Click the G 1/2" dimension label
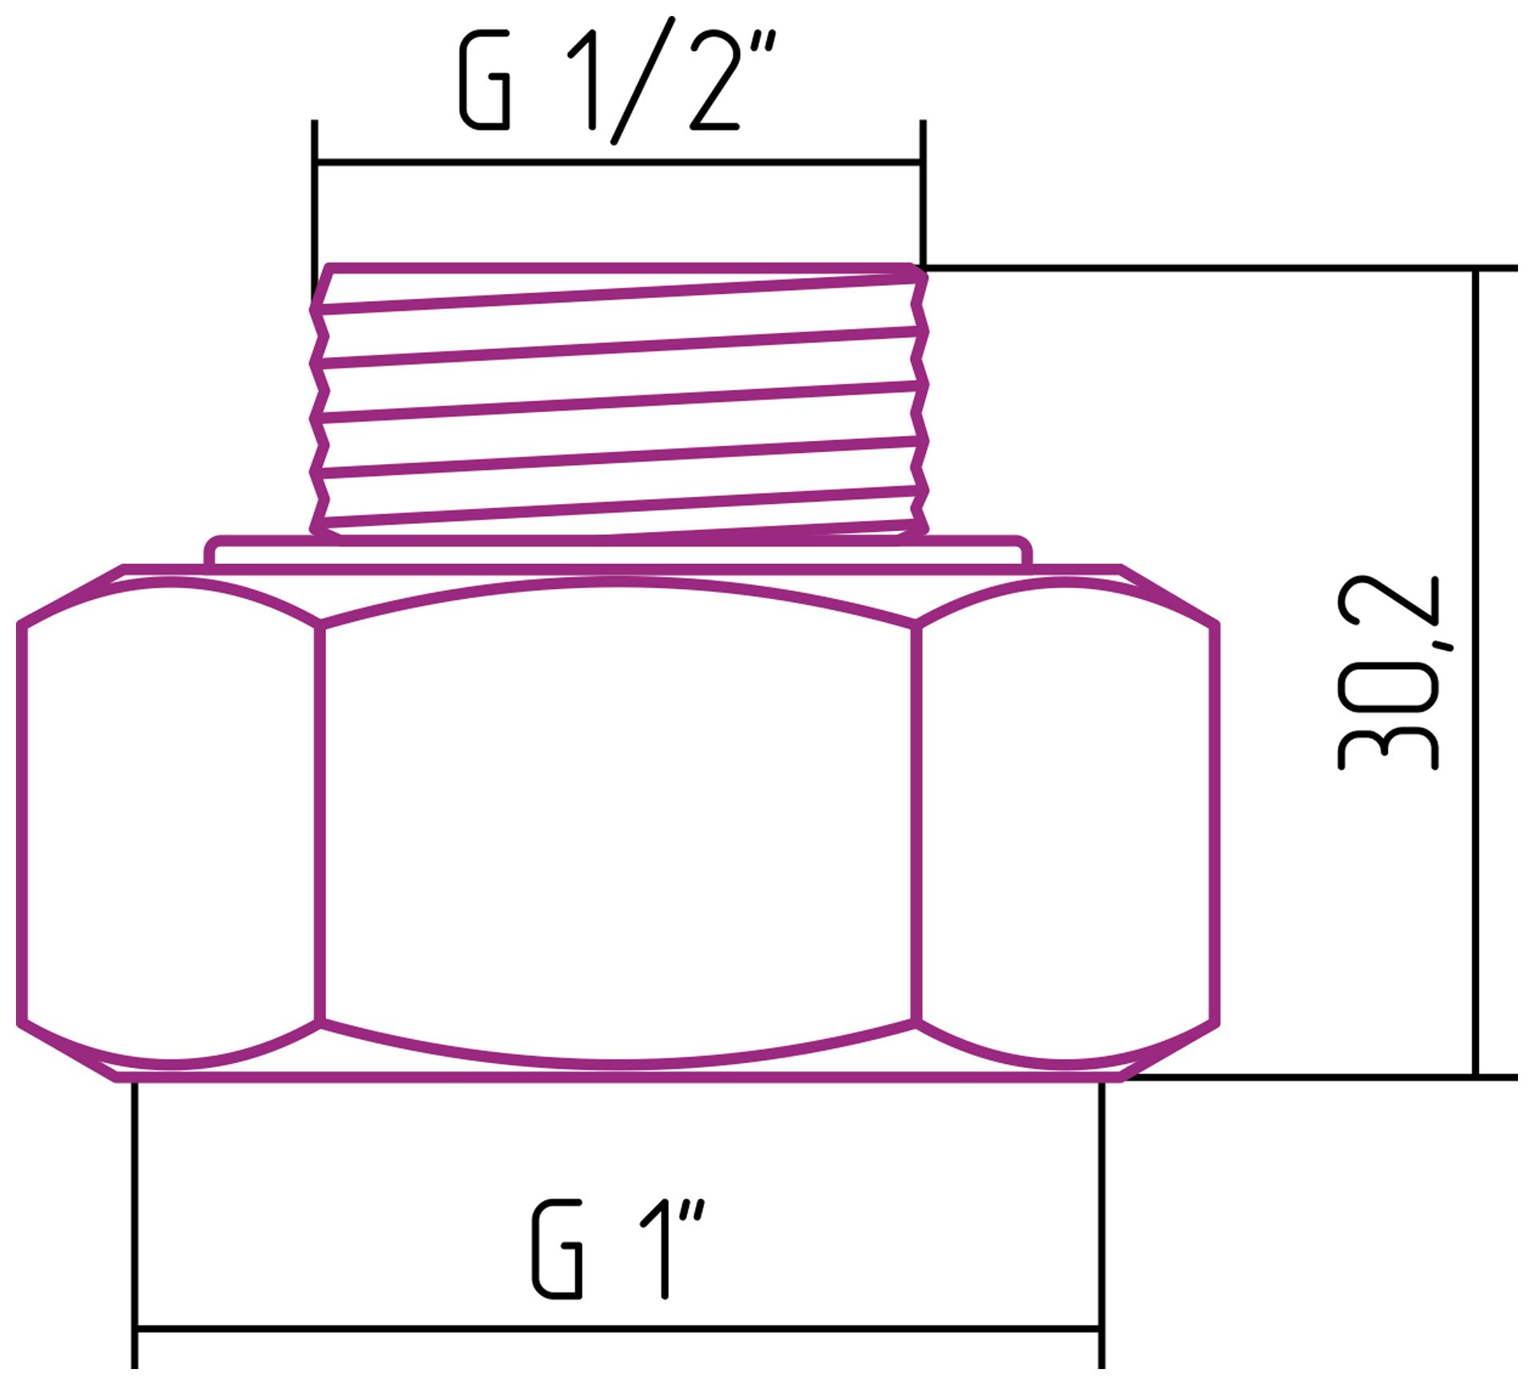click(x=615, y=80)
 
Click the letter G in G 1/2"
click(x=485, y=80)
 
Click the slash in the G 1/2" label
click(x=644, y=80)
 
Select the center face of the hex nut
click(x=618, y=823)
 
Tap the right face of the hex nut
click(x=1067, y=823)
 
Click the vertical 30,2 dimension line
click(x=1476, y=879)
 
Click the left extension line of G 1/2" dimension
click(x=315, y=200)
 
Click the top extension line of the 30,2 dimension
click(x=1278, y=268)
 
